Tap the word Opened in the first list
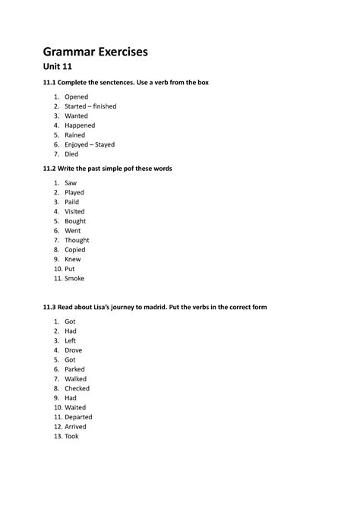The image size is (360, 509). coord(76,97)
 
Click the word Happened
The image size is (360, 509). coord(80,125)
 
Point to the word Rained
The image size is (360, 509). coord(74,135)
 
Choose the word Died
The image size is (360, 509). coord(71,154)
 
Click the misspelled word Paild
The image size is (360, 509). coord(72,202)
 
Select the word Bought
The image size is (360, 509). coord(75,221)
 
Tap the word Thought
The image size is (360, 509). coord(77,240)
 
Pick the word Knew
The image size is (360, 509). coord(73,259)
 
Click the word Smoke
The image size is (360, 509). coord(74,278)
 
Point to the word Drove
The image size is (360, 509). coord(74,350)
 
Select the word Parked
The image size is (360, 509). coord(74,369)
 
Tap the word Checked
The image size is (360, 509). coord(77,388)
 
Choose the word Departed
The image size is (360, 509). coord(78,417)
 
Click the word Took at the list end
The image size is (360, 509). coord(71,436)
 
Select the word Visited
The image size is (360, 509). coord(74,212)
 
